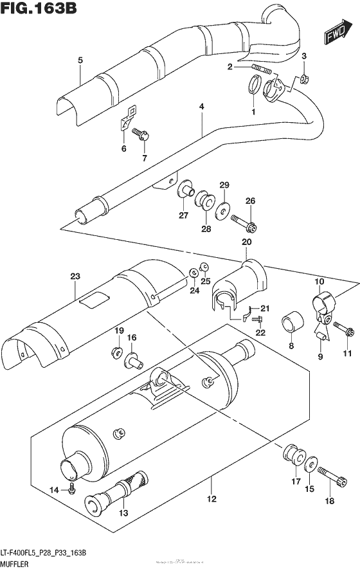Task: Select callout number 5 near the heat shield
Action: (80, 60)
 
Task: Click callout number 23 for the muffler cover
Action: (75, 277)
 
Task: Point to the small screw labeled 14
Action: (73, 491)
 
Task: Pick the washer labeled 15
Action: (310, 464)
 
